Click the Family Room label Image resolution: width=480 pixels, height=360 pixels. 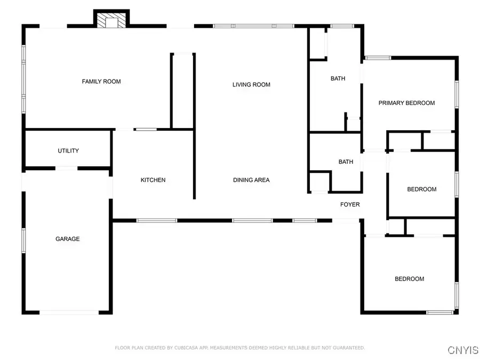coord(101,82)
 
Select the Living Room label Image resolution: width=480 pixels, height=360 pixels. coord(251,84)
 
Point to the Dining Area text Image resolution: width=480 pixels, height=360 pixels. coord(251,180)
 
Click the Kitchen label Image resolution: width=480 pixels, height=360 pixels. coord(153,180)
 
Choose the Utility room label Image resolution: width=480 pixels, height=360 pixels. coord(68,151)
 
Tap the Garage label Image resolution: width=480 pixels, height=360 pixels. coord(68,239)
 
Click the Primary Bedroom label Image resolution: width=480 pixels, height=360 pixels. coord(406,103)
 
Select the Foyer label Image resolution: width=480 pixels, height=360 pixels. coord(350,204)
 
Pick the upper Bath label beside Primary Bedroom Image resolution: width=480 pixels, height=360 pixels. coord(338,78)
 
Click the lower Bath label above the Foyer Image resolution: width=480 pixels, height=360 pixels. coord(346,162)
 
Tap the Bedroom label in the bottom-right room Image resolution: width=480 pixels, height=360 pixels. coord(409,279)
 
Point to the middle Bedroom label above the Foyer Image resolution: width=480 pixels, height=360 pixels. coord(421,189)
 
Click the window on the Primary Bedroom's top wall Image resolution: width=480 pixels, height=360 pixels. coord(378,58)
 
